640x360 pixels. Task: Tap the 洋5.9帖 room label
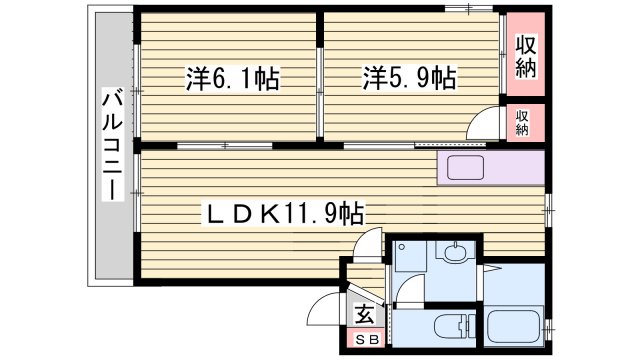point(409,77)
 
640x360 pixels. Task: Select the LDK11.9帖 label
point(284,213)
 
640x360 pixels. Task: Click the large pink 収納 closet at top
point(526,56)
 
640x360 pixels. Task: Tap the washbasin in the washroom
point(456,252)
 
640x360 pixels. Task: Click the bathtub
point(516,326)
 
